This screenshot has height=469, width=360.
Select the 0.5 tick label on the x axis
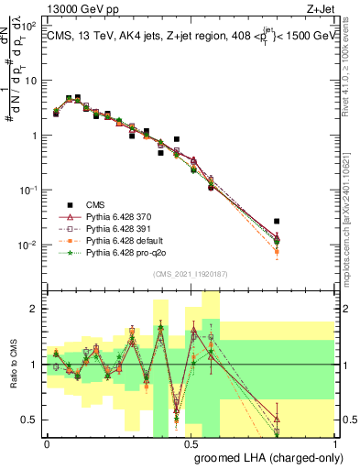tap(191, 442)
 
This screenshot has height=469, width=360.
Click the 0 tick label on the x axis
tap(47, 442)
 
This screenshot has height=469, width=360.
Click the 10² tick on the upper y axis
tap(28, 25)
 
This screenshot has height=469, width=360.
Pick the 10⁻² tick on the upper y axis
tap(28, 245)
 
